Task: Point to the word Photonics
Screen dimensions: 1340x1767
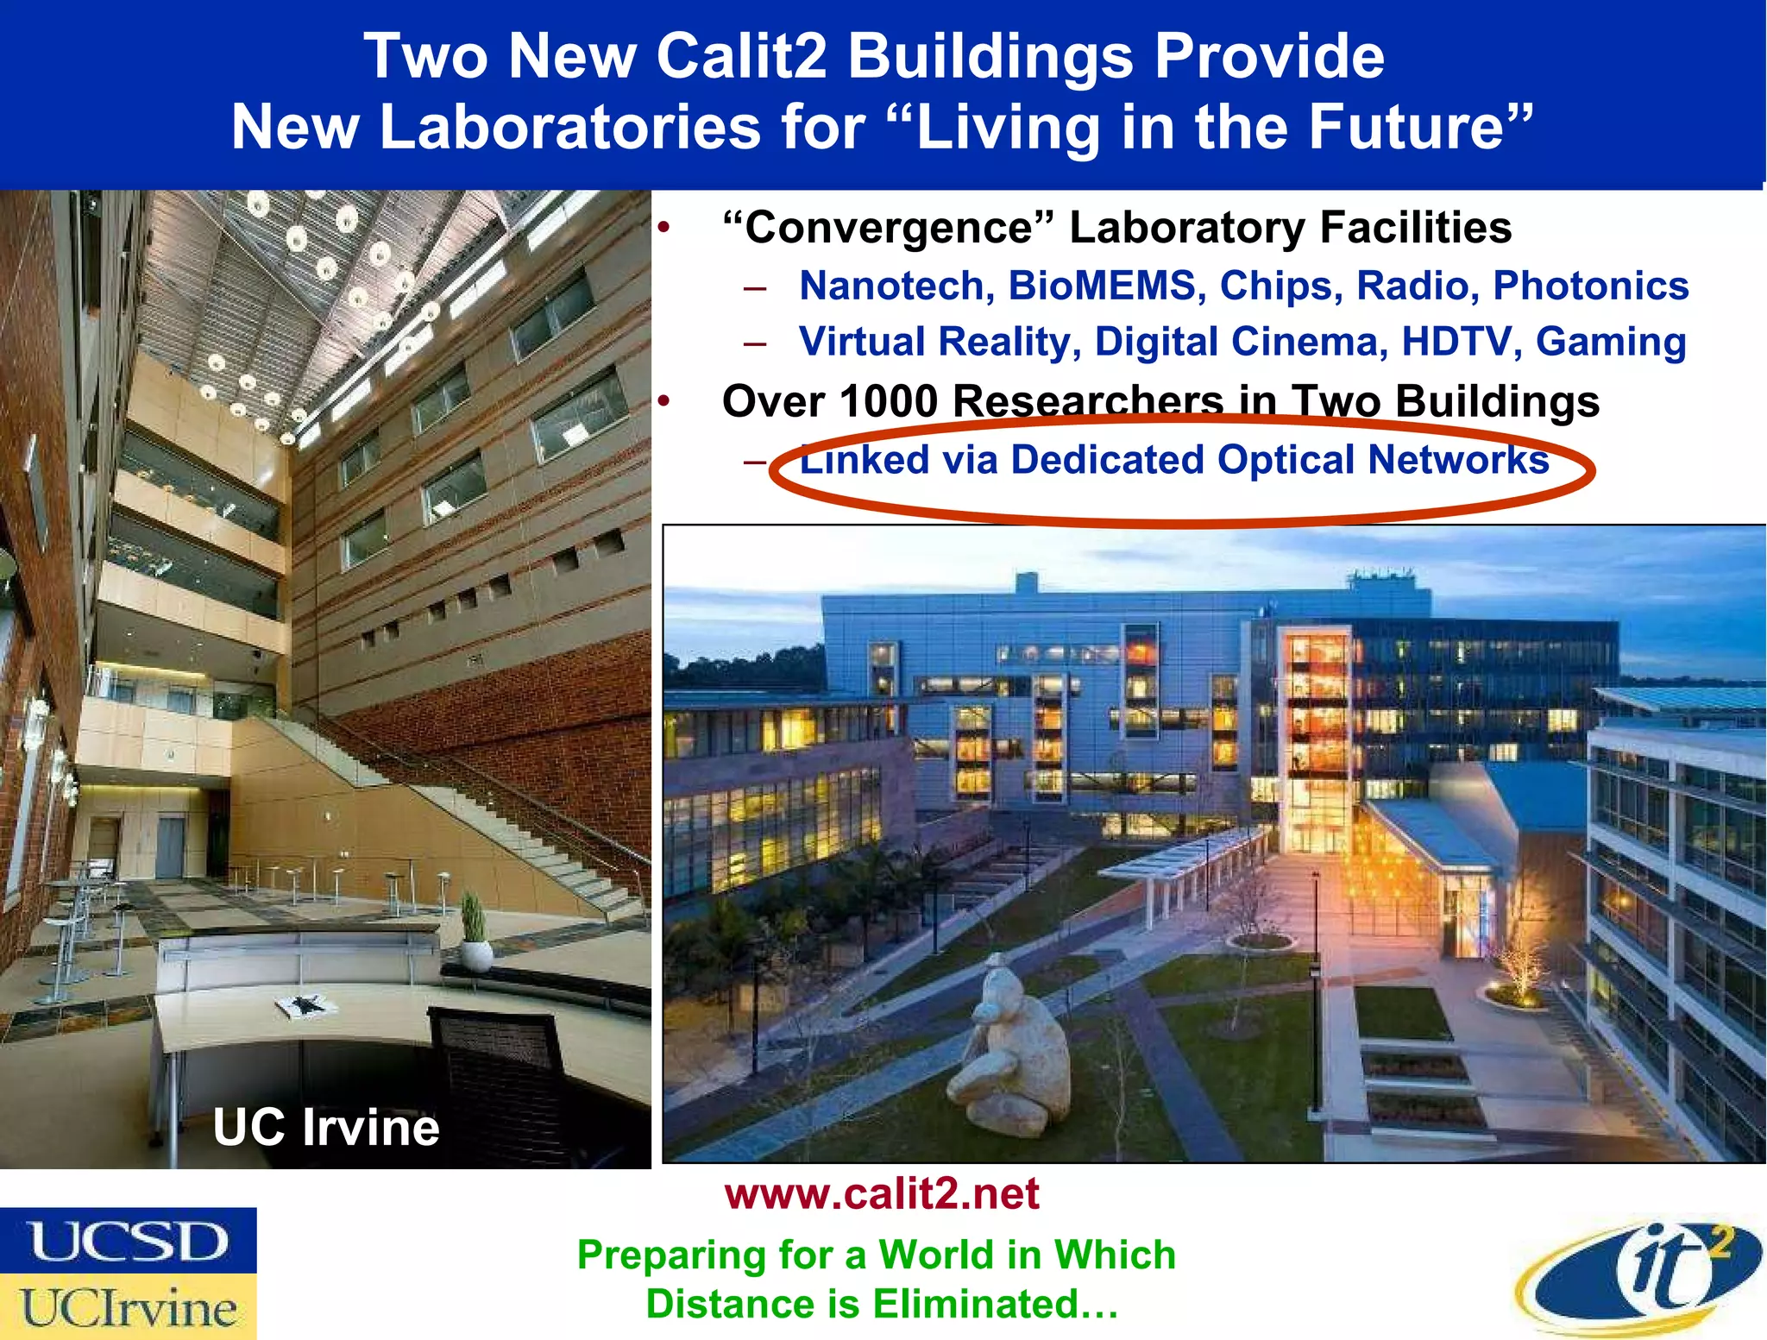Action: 1590,286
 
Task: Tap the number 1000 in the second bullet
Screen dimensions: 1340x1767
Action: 888,402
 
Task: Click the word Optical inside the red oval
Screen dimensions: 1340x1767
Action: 1286,459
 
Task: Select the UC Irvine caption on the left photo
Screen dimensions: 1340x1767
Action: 326,1127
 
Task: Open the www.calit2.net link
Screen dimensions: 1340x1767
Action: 881,1194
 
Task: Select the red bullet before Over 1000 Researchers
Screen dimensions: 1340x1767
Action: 663,401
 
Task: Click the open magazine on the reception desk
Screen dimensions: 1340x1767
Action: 300,1005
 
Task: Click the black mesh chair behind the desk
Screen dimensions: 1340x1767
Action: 500,1087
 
